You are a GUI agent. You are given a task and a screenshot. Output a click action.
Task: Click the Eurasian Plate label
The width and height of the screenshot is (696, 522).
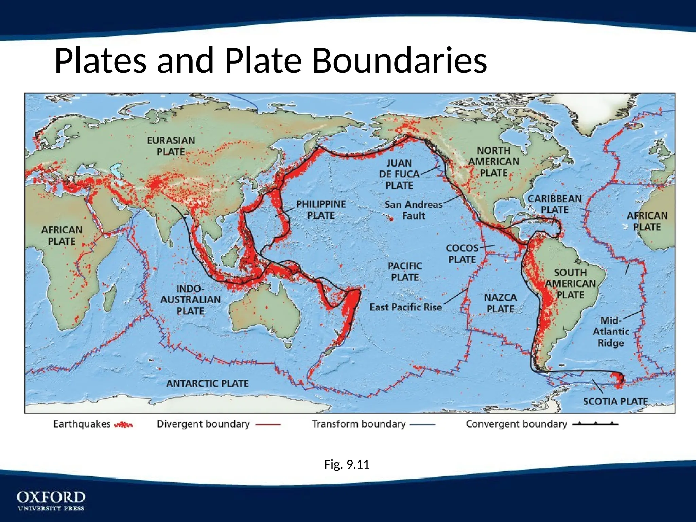tap(171, 146)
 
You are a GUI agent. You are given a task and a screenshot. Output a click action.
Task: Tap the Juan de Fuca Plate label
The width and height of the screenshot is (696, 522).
tap(399, 174)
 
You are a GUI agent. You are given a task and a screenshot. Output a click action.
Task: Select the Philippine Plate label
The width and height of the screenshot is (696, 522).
tap(321, 210)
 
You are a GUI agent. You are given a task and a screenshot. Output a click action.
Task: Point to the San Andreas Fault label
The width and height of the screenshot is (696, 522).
tap(414, 210)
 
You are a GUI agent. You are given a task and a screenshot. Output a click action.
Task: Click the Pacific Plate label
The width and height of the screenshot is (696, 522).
tap(405, 272)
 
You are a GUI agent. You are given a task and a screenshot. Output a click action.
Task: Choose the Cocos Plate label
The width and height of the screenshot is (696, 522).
tap(462, 254)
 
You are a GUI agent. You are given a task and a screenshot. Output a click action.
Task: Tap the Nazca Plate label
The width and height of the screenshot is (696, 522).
tap(500, 303)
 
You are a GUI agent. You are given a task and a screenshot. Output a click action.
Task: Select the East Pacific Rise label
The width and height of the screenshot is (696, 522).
tap(406, 307)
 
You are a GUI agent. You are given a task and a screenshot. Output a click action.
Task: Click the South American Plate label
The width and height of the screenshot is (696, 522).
tap(570, 284)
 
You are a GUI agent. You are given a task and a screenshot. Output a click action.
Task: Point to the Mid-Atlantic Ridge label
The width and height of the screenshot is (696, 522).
tap(611, 332)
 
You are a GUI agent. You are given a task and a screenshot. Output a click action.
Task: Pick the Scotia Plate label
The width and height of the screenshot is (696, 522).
tap(615, 401)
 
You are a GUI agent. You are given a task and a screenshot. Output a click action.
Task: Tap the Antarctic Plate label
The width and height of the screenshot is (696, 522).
tap(207, 384)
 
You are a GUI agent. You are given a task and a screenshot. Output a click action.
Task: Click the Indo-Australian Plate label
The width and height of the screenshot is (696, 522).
tap(190, 300)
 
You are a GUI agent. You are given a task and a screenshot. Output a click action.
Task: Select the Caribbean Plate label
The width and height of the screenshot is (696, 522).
tap(555, 204)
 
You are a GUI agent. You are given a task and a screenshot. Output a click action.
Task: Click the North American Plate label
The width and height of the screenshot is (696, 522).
tap(494, 161)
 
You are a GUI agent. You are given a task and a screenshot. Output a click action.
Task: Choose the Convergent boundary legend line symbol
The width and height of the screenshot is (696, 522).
tap(595, 424)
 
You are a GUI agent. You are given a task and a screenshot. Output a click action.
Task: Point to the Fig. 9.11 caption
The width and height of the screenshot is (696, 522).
tap(347, 464)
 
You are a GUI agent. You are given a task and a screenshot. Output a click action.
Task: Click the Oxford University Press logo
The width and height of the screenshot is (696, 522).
tap(51, 501)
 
